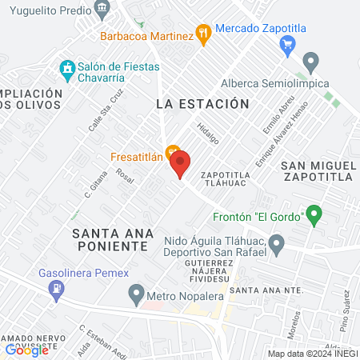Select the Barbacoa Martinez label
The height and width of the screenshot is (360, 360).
pos(146,35)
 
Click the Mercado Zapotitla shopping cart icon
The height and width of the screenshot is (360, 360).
pos(289,46)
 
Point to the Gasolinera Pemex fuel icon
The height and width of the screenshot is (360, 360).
pos(56,294)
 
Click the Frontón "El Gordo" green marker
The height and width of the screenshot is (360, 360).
pos(314,214)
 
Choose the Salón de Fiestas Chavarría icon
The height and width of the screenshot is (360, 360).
pos(66,68)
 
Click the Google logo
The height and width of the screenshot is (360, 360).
pos(26,349)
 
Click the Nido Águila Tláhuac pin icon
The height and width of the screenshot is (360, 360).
pos(277,242)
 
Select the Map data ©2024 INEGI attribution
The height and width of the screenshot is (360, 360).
pos(312,354)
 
